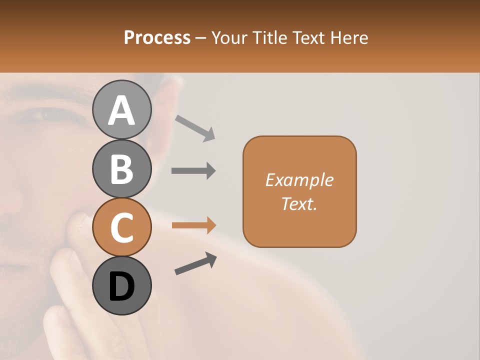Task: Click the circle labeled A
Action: click(x=121, y=110)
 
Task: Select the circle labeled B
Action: click(x=121, y=169)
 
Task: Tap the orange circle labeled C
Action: click(x=121, y=227)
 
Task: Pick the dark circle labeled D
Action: click(x=121, y=286)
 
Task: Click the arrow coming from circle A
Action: click(x=195, y=127)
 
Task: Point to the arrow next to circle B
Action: click(x=193, y=171)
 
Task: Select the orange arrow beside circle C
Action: click(x=193, y=225)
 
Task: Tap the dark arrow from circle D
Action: click(x=195, y=263)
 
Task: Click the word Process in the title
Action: click(x=157, y=37)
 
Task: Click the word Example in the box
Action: click(x=299, y=180)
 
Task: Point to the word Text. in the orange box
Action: click(x=299, y=203)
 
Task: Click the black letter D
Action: click(x=121, y=286)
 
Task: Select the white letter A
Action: click(x=121, y=110)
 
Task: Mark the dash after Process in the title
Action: click(x=201, y=38)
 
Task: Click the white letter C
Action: click(x=121, y=228)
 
